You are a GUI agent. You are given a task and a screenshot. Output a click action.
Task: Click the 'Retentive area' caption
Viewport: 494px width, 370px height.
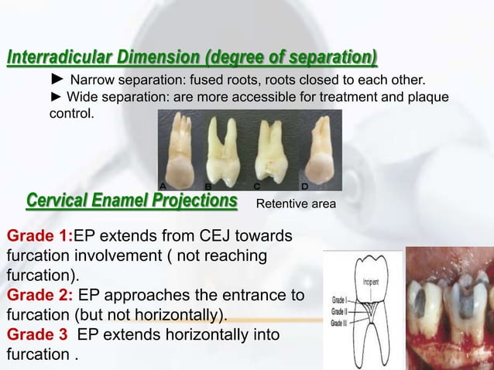[x=295, y=204]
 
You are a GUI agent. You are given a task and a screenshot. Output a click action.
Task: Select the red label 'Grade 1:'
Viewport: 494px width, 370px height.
[x=39, y=235]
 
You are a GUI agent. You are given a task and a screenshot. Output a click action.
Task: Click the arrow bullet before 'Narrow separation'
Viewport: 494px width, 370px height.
[x=57, y=79]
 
